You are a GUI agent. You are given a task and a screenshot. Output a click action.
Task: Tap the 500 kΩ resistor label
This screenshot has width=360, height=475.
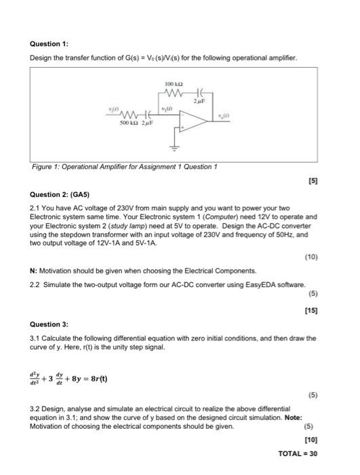129,124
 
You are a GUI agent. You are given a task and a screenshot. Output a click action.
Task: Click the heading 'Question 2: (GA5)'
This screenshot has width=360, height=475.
62,193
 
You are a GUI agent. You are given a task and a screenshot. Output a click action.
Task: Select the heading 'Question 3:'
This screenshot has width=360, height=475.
49,324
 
